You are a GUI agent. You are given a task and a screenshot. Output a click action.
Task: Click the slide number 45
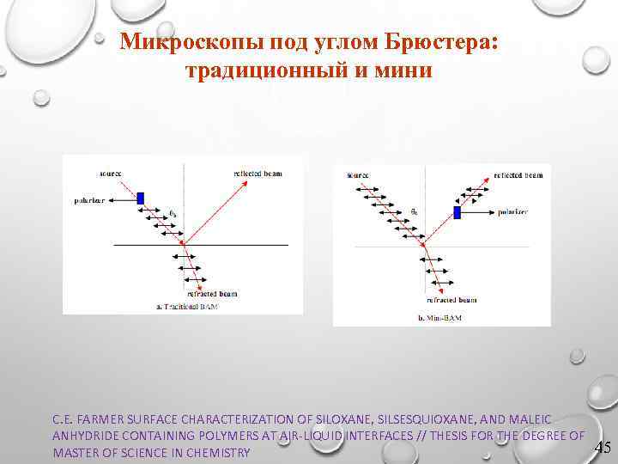(x=603, y=447)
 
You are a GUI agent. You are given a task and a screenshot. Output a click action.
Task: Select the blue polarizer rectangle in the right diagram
(x=457, y=211)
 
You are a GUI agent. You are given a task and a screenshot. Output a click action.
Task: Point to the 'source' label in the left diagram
(x=109, y=173)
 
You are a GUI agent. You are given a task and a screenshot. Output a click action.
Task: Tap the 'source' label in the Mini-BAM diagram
(x=358, y=175)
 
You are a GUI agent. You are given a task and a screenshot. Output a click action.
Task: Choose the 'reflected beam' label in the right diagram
(x=519, y=175)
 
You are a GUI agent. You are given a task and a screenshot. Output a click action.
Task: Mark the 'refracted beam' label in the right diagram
(x=451, y=300)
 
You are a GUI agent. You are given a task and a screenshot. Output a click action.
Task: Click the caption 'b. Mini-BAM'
(x=439, y=318)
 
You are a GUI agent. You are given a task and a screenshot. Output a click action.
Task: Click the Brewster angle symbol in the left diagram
(x=173, y=213)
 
